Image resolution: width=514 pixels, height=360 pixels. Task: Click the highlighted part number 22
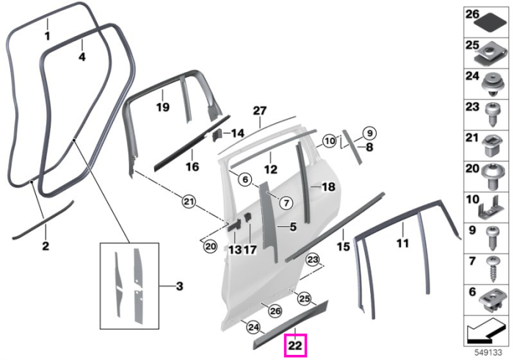[x=295, y=345]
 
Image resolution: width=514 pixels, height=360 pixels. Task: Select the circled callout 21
[x=189, y=201]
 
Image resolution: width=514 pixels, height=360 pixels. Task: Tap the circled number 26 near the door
[x=275, y=311]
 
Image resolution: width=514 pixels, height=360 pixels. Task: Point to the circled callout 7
[x=286, y=204]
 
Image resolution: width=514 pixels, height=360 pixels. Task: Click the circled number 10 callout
[x=330, y=141]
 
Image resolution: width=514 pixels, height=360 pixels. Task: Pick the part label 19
[x=163, y=107]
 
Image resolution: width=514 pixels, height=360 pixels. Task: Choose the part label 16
[x=192, y=166]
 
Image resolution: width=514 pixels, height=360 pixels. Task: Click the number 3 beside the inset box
[x=179, y=287]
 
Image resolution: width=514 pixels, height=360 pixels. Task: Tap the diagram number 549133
[x=488, y=353]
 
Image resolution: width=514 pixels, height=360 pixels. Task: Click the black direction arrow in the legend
[x=485, y=332]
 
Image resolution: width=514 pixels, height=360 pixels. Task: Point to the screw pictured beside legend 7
[x=493, y=270]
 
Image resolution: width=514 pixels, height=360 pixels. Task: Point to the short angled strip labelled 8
[x=352, y=146]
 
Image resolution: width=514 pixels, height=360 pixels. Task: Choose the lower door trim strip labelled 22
[x=291, y=324]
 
